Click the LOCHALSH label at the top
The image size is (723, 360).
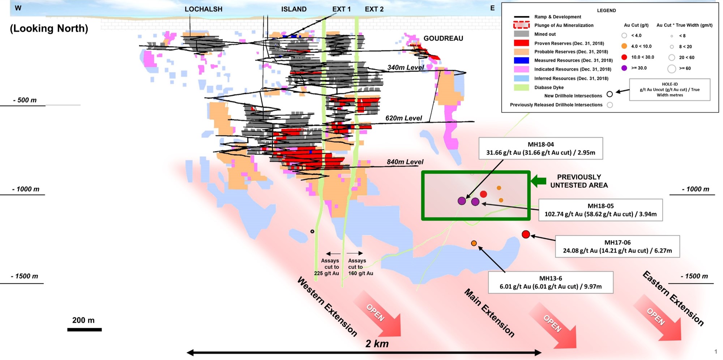coord(204,9)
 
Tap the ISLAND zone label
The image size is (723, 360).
coord(294,9)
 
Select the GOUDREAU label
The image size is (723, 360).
coord(443,38)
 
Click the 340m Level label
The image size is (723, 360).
coord(406,68)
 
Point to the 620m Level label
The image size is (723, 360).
coord(403,118)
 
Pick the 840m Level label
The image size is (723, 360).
coord(405,162)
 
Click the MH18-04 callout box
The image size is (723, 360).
coord(540,148)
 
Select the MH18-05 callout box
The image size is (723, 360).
coord(600,210)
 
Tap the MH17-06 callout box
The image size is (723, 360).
coord(617,247)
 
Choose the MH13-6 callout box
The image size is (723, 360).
coord(551,282)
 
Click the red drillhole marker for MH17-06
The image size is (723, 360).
coord(526,235)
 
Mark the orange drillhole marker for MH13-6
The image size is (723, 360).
coord(474,243)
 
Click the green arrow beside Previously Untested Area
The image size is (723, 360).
coord(539,181)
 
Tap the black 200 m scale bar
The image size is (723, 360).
coord(84,330)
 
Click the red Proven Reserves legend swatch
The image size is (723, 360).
coord(521,43)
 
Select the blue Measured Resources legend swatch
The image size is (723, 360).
coord(521,60)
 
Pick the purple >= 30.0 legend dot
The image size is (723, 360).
coord(624,68)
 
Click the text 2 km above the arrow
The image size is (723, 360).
coord(377,344)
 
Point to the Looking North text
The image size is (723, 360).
coord(49,29)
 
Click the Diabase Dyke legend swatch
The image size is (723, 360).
coord(521,87)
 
